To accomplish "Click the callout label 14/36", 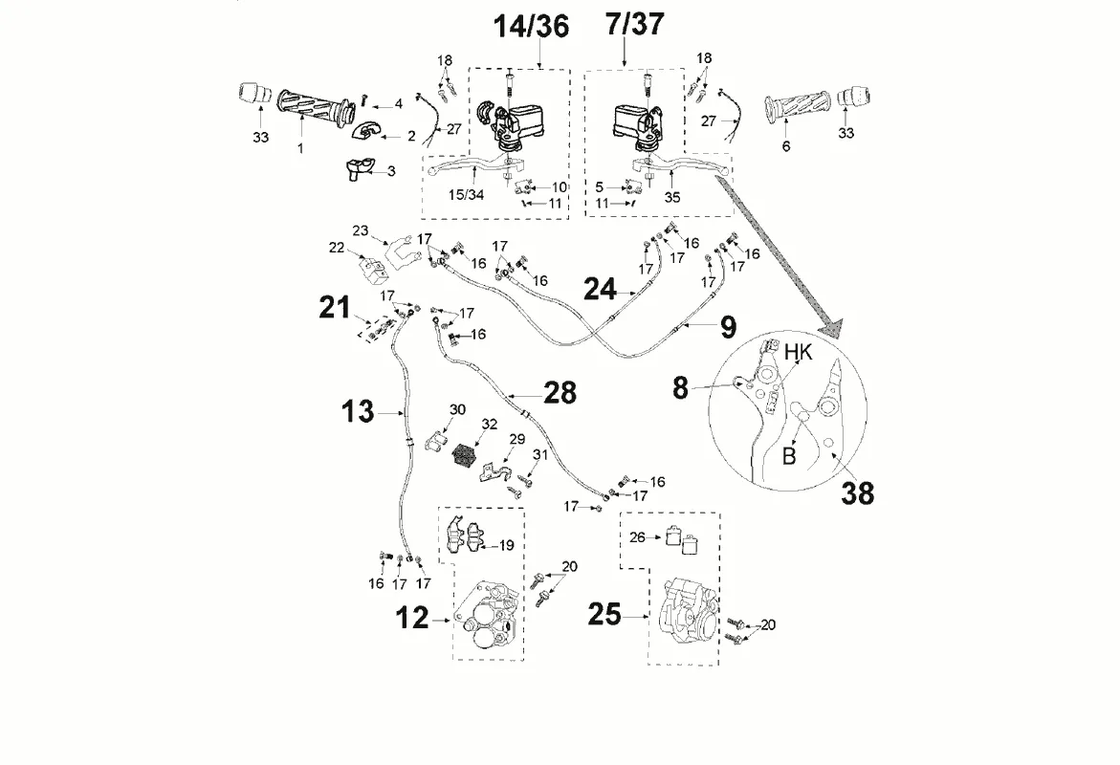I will click(531, 27).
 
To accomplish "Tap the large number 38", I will click(858, 492).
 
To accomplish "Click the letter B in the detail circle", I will click(789, 455).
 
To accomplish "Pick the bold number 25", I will click(604, 614).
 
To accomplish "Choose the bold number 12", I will click(413, 619).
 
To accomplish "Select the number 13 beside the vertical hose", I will click(358, 412).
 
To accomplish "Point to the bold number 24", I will click(601, 289).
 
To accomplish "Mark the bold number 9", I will click(728, 327).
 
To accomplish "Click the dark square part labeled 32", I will click(465, 454).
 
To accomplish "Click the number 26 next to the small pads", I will click(637, 537).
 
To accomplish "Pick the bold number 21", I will click(335, 307).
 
